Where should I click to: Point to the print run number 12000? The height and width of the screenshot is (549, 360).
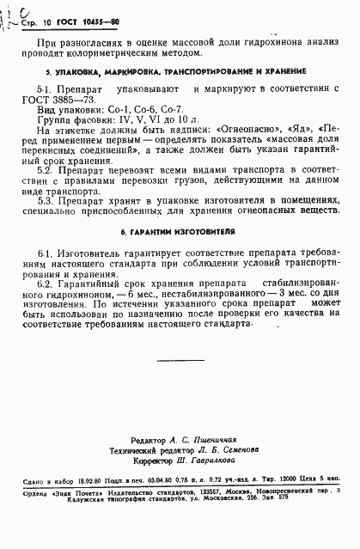click(289, 483)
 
